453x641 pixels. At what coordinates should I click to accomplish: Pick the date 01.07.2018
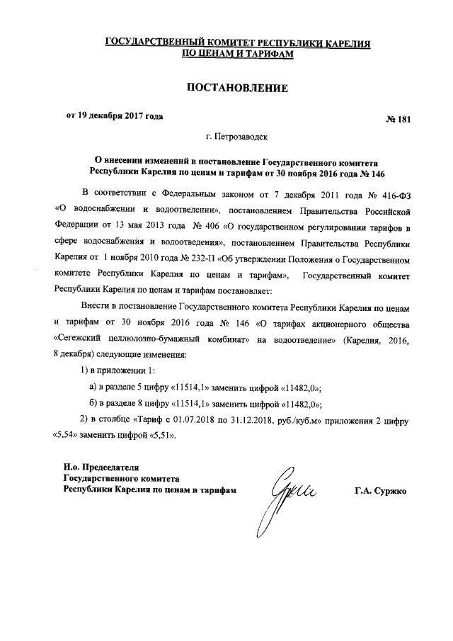pyautogui.click(x=183, y=421)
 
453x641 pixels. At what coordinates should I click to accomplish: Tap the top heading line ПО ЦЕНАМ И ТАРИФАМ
pyautogui.click(x=237, y=54)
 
